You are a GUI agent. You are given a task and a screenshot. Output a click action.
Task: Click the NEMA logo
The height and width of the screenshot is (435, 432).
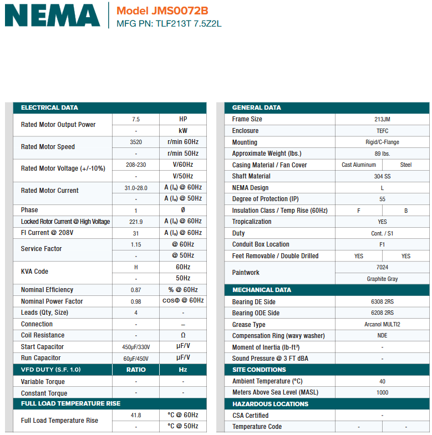click(x=53, y=16)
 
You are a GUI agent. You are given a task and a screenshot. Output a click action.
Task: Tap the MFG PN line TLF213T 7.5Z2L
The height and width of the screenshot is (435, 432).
click(x=169, y=24)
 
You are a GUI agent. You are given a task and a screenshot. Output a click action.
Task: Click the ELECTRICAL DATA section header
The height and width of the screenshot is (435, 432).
click(x=50, y=108)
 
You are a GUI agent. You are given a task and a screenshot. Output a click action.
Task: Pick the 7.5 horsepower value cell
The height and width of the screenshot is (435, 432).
click(x=136, y=119)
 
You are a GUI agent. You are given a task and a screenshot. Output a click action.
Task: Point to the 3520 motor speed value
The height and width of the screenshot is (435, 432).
click(x=136, y=142)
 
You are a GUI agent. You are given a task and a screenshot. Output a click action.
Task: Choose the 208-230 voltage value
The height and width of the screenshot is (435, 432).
click(x=136, y=165)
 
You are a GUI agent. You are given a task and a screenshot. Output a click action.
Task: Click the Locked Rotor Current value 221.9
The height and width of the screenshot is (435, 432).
click(x=136, y=222)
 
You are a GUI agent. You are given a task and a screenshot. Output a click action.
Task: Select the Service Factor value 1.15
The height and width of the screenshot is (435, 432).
click(x=136, y=244)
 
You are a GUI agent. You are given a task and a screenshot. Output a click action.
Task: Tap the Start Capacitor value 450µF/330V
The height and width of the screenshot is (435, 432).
click(x=136, y=347)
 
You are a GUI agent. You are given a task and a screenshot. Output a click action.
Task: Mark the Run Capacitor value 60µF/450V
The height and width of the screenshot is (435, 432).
click(x=136, y=359)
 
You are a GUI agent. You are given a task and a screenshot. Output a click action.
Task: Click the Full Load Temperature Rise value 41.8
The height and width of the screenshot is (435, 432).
click(x=136, y=415)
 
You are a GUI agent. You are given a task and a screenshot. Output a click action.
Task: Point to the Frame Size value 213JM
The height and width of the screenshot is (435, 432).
click(x=382, y=119)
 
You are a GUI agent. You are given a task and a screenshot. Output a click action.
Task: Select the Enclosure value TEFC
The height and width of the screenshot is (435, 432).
click(x=382, y=131)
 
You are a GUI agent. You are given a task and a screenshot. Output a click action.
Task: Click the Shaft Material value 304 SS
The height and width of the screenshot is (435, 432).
click(x=382, y=176)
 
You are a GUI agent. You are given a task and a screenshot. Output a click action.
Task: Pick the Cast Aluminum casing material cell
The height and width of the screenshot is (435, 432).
click(x=359, y=165)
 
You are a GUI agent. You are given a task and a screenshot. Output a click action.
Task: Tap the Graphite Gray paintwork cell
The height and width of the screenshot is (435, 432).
click(x=382, y=279)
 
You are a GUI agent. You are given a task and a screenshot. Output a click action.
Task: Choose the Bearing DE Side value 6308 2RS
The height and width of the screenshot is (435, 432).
click(x=382, y=302)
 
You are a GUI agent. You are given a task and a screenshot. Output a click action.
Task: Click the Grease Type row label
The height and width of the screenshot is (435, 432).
click(x=248, y=325)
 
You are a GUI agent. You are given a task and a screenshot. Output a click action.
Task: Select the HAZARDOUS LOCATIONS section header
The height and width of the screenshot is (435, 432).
click(x=270, y=404)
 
